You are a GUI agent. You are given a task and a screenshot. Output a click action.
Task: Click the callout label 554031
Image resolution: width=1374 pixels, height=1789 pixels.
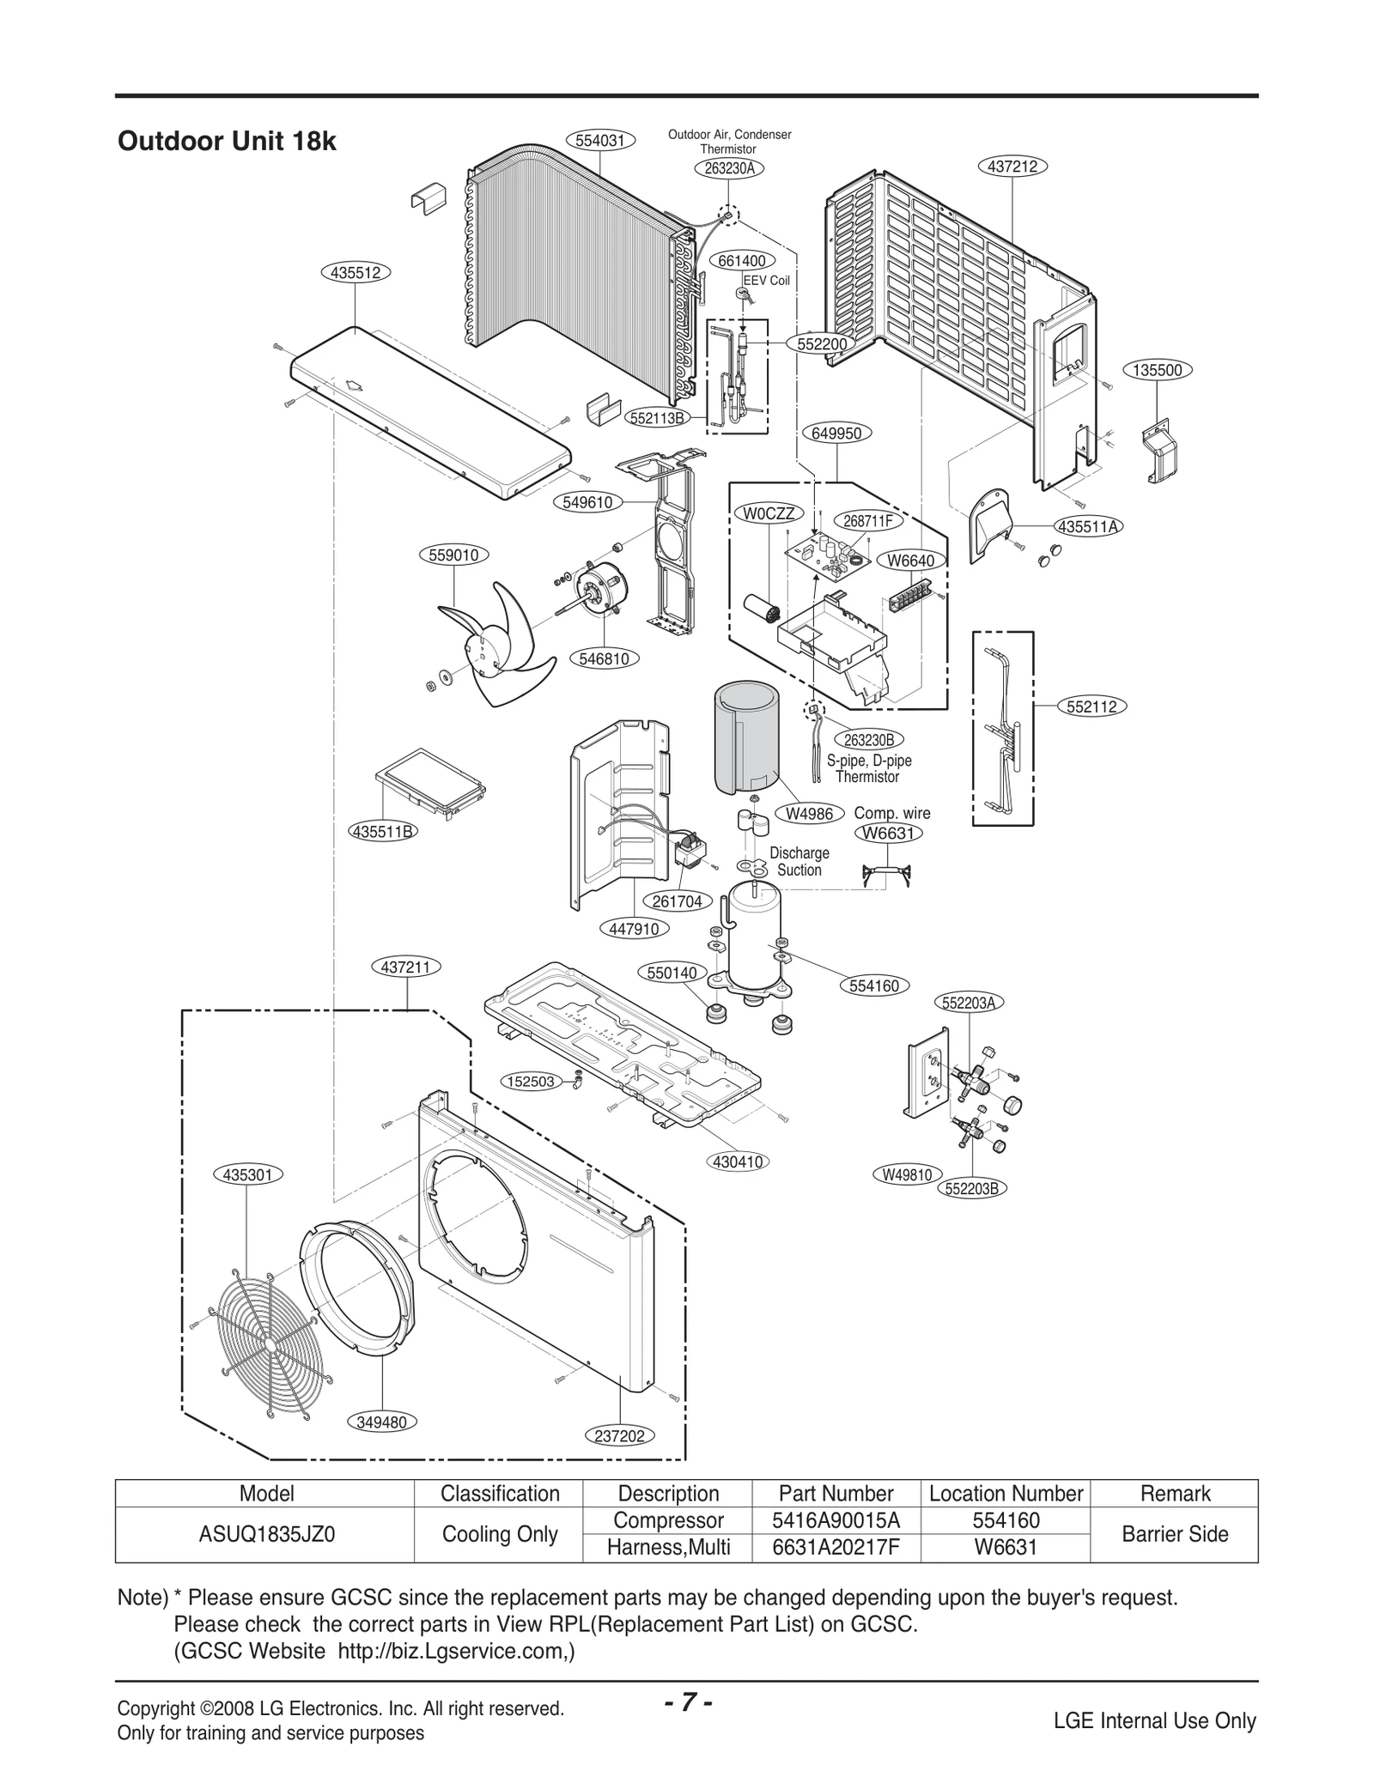599,141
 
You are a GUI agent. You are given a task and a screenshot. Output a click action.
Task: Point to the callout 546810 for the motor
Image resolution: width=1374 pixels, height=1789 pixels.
605,659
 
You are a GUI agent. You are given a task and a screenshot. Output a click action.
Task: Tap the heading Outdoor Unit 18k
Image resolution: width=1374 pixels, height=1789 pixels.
227,142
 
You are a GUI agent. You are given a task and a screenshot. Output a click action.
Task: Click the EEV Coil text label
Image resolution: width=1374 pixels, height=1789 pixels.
765,281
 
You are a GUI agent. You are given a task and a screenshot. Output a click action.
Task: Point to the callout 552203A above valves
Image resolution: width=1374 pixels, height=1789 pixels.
968,1003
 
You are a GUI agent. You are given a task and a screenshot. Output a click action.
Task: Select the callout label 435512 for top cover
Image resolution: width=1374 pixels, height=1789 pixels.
356,273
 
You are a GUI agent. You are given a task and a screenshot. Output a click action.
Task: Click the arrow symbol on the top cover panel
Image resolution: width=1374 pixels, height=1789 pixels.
351,386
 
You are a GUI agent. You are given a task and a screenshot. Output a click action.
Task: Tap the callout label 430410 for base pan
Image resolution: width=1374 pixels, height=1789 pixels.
738,1162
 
